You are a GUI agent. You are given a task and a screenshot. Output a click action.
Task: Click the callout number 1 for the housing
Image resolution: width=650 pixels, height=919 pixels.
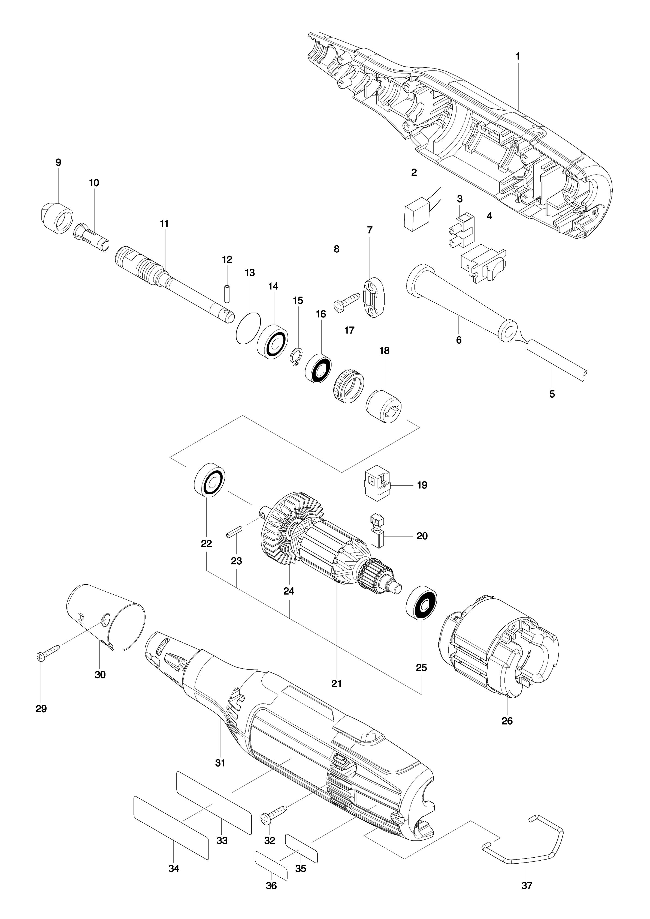pyautogui.click(x=518, y=56)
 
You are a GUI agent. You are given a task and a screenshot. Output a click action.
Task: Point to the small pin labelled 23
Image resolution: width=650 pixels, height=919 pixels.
pyautogui.click(x=235, y=536)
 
